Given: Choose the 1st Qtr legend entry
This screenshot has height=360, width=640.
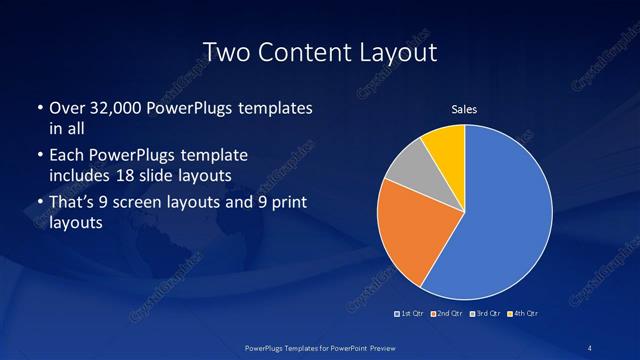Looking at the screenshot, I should pyautogui.click(x=409, y=314).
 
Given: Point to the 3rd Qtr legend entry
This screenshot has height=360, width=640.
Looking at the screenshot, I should pyautogui.click(x=486, y=314).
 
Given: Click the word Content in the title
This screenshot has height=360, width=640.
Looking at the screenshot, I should pyautogui.click(x=311, y=51).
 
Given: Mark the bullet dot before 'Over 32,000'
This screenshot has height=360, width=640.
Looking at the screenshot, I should pyautogui.click(x=38, y=107).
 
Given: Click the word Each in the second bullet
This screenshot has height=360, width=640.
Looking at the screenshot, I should pyautogui.click(x=66, y=156).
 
